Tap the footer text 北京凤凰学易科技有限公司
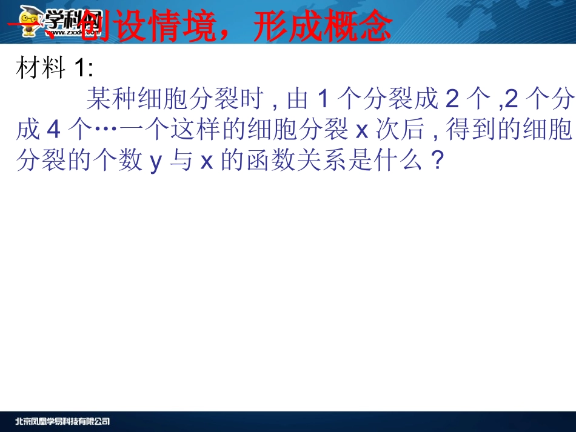pos(62,421)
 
